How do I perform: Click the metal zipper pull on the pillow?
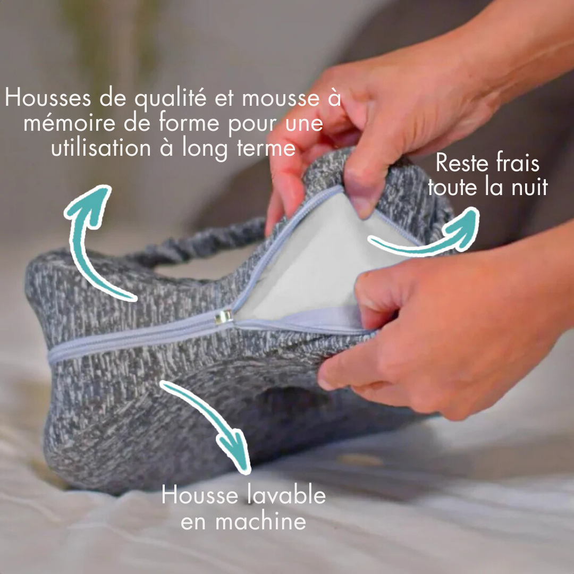tap(223, 317)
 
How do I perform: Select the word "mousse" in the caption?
tap(281, 99)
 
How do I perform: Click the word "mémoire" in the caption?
tap(70, 123)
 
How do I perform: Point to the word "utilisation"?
tap(101, 148)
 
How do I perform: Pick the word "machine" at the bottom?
tap(260, 521)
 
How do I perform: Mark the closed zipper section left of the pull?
tap(132, 337)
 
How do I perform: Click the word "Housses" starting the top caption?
tap(48, 98)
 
